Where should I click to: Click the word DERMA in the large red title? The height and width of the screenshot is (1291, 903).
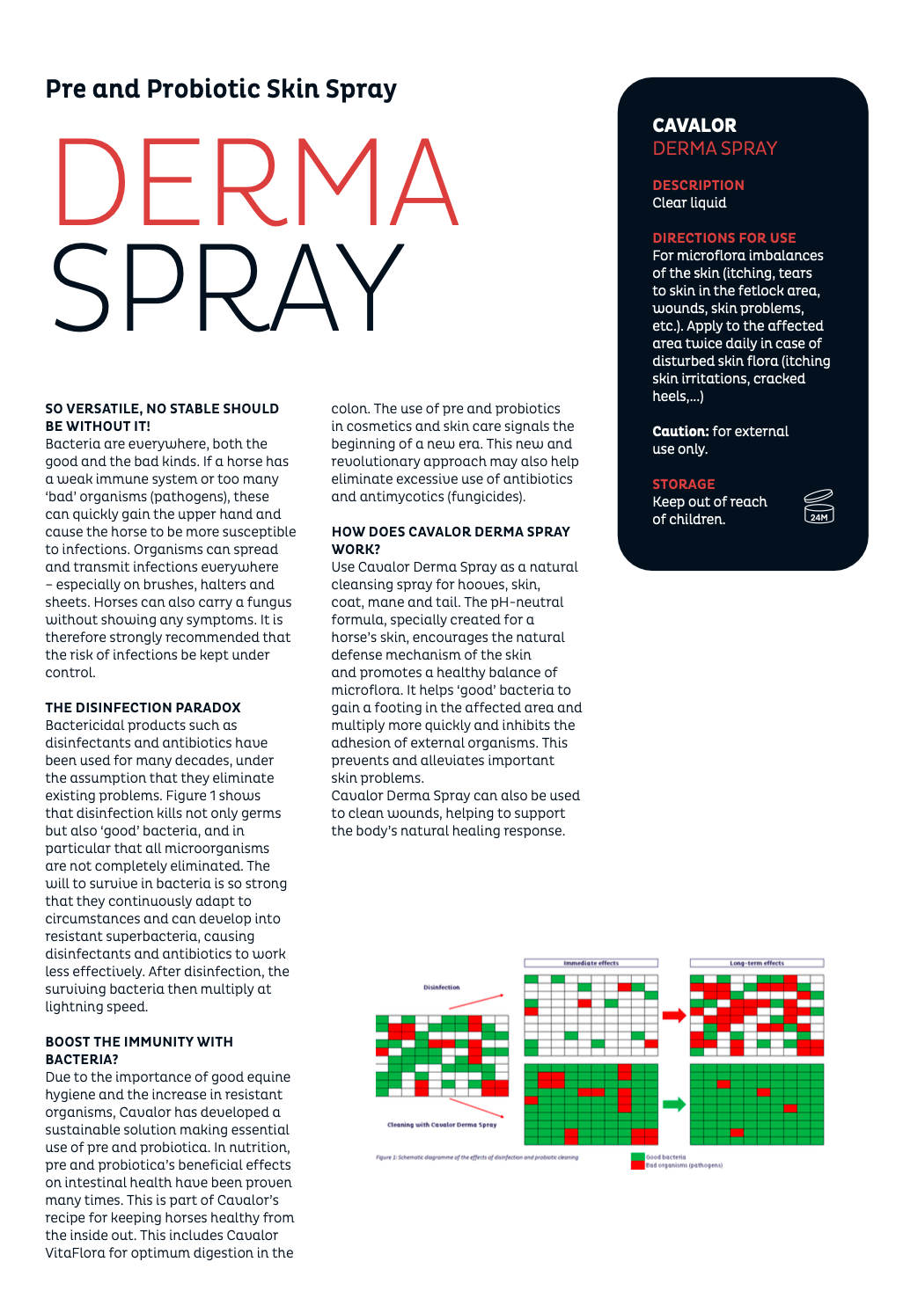(x=255, y=183)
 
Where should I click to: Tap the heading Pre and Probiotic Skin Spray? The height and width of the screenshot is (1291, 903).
(x=221, y=89)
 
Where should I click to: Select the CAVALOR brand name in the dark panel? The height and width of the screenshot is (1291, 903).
(x=694, y=126)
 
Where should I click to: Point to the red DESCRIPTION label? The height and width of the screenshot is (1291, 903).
(x=698, y=186)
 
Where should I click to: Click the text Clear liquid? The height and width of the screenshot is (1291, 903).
(x=689, y=203)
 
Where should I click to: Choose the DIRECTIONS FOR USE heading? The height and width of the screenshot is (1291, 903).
(x=723, y=238)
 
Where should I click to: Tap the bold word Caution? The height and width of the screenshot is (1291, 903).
(x=680, y=432)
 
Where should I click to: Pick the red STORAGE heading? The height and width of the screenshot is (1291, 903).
(x=683, y=485)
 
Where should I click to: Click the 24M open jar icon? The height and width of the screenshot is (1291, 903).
(x=819, y=507)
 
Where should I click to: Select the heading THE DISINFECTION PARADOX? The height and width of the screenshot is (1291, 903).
(x=143, y=708)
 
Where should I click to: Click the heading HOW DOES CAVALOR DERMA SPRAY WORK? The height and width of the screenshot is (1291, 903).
(x=450, y=540)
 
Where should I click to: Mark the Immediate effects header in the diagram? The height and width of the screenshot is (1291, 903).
(x=591, y=963)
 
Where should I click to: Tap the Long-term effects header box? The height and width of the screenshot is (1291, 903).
(x=756, y=963)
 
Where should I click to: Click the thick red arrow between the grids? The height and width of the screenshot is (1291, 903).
(x=674, y=1016)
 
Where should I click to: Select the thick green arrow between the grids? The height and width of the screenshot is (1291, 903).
(x=674, y=1104)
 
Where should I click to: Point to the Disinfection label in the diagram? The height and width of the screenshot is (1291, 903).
(x=442, y=988)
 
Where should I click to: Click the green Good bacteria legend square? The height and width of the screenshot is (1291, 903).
(x=638, y=1157)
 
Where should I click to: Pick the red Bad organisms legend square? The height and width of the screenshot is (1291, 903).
(x=638, y=1165)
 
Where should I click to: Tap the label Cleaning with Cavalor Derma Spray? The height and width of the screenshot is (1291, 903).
(x=442, y=1125)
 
